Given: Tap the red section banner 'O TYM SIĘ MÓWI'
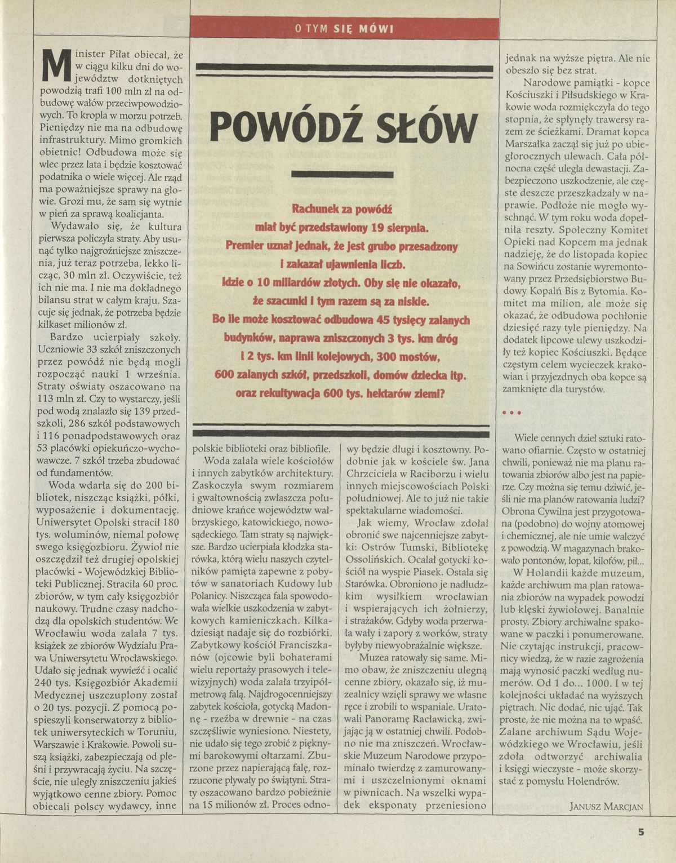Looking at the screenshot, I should [344, 28].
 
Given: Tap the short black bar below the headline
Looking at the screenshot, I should [344, 175].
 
